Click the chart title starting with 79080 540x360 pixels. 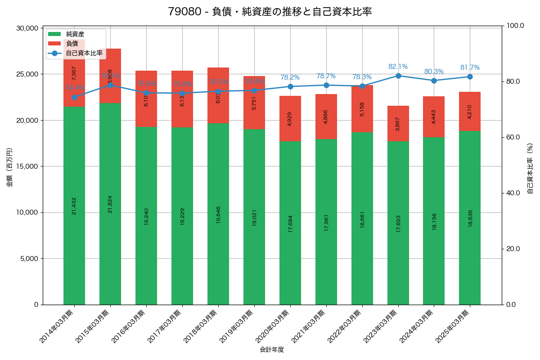270,12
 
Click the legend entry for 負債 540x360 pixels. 72,44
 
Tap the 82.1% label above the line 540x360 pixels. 398,67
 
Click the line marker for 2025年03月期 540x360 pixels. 470,76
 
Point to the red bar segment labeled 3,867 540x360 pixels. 398,123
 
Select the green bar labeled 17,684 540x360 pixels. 290,223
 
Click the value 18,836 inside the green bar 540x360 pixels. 470,218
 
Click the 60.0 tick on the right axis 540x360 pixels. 513,137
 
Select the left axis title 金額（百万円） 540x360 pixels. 9,166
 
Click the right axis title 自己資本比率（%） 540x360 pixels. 530,168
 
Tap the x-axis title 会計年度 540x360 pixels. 272,350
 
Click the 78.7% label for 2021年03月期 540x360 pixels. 326,76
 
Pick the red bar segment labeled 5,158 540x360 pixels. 362,108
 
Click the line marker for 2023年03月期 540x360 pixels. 398,76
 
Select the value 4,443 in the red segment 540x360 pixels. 434,117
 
